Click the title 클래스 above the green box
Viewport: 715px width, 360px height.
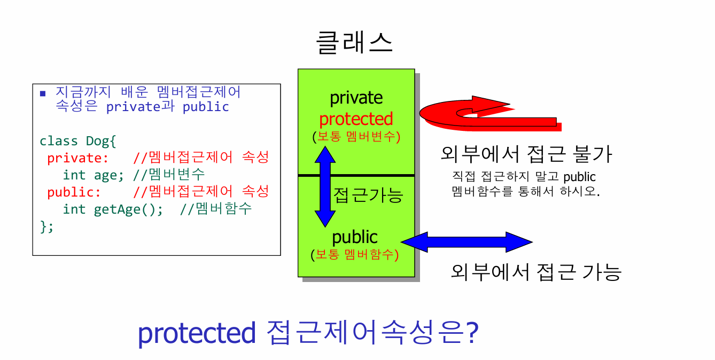[x=354, y=43]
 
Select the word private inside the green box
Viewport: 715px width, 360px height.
[x=356, y=98]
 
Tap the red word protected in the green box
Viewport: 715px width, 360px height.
[x=356, y=119]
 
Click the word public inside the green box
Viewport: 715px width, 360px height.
[x=355, y=238]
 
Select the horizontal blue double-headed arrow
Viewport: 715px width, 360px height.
[x=467, y=242]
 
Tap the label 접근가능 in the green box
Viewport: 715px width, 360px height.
[x=368, y=195]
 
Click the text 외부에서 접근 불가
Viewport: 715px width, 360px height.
[x=526, y=154]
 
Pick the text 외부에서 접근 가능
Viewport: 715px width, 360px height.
[x=536, y=272]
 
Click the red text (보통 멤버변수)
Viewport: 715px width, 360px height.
[x=356, y=136]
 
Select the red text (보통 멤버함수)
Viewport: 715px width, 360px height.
[x=355, y=254]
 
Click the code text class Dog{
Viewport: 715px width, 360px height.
[x=77, y=142]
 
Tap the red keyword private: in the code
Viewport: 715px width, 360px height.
[x=77, y=158]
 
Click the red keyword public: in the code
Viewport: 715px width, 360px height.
[x=74, y=192]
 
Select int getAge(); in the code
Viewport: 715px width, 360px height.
[x=113, y=209]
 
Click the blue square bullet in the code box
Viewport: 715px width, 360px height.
[x=43, y=93]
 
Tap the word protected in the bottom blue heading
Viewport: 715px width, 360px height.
[x=197, y=333]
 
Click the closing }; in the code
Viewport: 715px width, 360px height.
[x=47, y=226]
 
